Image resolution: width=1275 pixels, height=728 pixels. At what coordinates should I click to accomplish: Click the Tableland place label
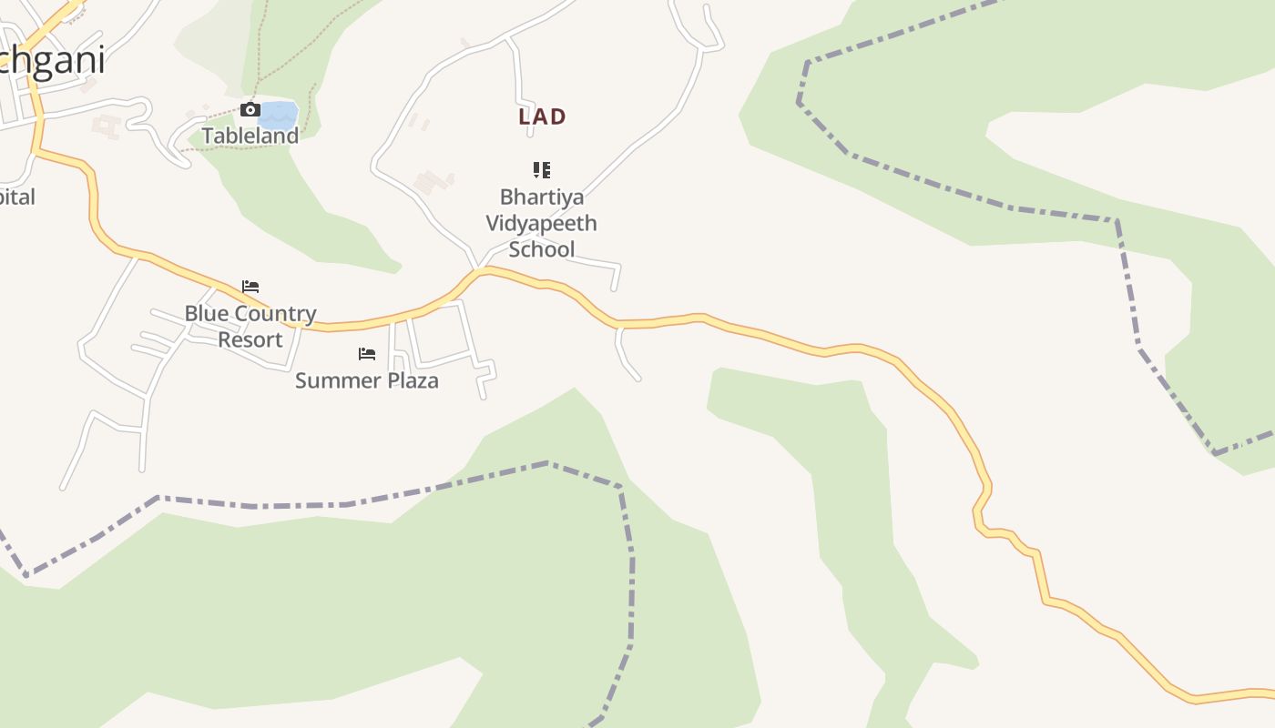250,136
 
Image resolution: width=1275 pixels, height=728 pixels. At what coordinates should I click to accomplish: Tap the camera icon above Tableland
250,110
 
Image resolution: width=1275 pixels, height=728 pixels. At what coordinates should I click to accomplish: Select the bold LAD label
542,116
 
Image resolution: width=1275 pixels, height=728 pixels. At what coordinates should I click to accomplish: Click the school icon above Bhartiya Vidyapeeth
542,169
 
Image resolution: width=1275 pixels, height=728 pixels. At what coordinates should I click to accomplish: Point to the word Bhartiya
542,197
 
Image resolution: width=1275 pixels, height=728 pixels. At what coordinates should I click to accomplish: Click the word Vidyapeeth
541,223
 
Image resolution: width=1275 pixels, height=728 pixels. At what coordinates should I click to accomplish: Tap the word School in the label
541,249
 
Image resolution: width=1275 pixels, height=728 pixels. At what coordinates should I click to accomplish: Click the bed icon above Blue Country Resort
250,287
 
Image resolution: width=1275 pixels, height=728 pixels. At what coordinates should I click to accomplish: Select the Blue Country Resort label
250,326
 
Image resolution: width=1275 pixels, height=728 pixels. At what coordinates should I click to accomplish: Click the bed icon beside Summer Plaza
367,353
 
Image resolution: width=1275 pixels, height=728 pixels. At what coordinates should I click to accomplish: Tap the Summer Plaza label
366,380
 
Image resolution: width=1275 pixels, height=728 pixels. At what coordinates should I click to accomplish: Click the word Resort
250,339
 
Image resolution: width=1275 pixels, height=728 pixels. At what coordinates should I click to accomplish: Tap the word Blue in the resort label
204,314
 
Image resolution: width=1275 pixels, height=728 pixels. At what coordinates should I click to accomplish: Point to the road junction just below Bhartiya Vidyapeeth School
479,269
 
